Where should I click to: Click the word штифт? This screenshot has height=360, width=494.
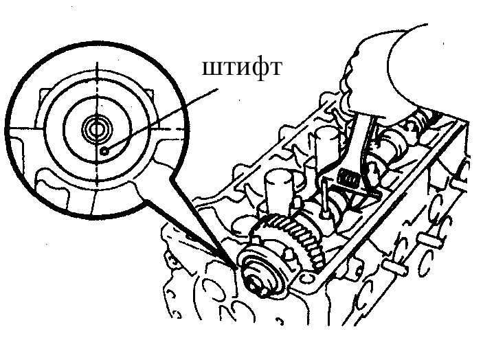pos(241,68)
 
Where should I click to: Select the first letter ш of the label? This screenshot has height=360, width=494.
pos(210,68)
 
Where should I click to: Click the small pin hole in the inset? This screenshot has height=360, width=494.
pos(104,152)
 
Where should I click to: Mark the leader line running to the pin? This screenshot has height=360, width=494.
pos(161,120)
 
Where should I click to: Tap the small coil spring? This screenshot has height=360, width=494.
pos(349,179)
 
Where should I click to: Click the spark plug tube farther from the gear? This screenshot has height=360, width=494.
pos(328,148)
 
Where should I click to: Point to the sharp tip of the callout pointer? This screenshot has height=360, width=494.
pos(236,268)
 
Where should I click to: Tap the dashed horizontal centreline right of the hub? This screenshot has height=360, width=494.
pos(170,129)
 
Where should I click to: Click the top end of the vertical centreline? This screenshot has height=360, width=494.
pos(97,62)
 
